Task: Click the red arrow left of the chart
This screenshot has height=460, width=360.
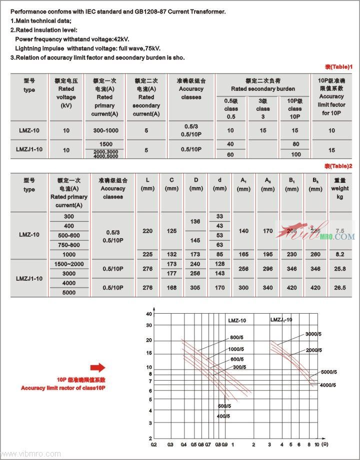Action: click(x=98, y=368)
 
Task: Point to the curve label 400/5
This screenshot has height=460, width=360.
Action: click(x=223, y=416)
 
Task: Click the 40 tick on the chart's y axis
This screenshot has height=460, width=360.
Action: click(x=149, y=314)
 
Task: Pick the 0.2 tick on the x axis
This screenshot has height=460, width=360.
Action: click(x=153, y=444)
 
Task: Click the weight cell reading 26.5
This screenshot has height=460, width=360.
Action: click(x=339, y=288)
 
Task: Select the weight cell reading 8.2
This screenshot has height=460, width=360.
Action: click(x=339, y=254)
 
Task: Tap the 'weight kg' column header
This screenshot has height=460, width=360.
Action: click(x=339, y=189)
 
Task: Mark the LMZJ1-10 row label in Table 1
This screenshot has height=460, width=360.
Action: click(x=29, y=149)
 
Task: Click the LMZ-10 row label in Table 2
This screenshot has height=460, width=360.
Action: click(x=29, y=234)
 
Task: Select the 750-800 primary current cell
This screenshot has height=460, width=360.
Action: click(x=69, y=245)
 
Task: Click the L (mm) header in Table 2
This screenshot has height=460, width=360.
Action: click(x=147, y=184)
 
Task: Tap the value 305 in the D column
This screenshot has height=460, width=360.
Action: click(x=196, y=288)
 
